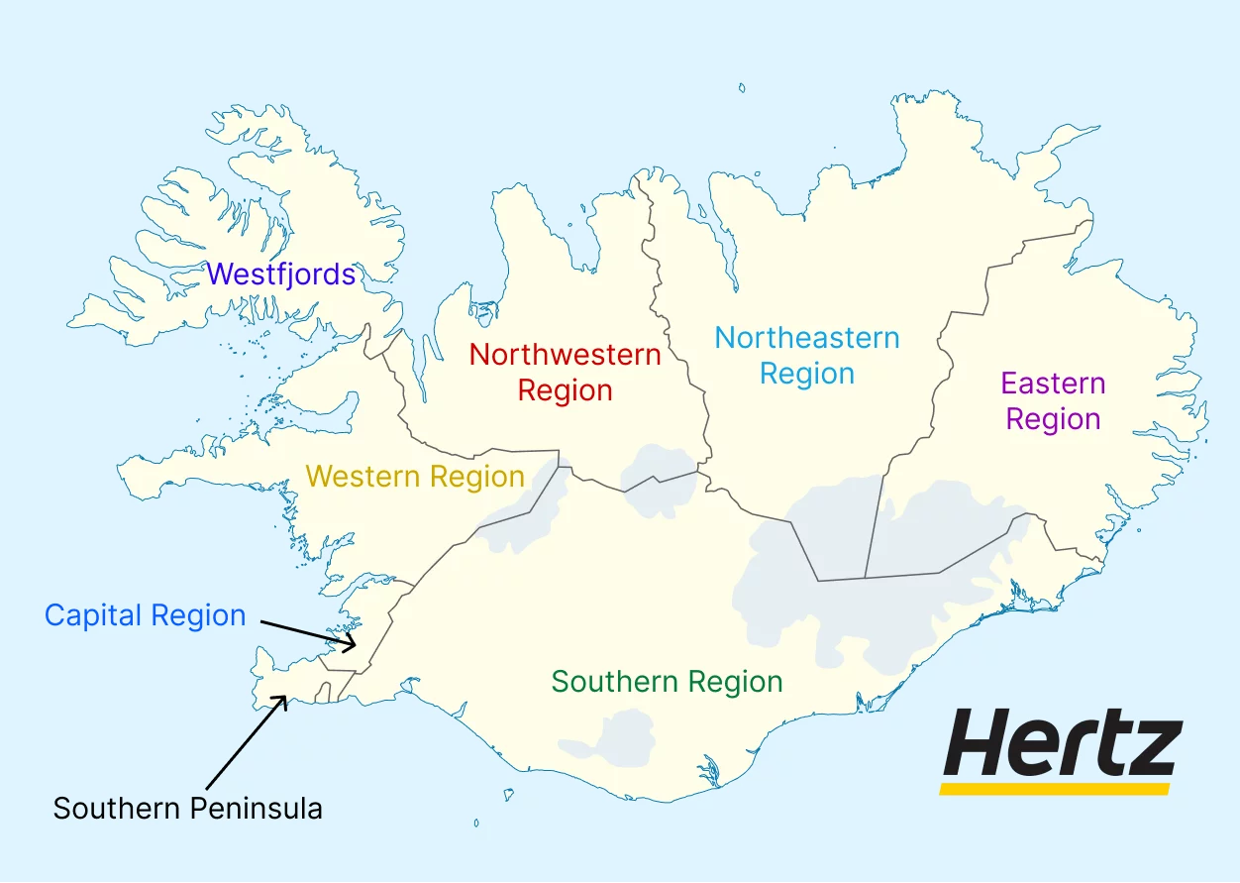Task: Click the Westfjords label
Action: tap(281, 275)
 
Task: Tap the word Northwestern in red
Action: tap(565, 355)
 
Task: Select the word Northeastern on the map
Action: tap(807, 338)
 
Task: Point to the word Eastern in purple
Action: tap(1053, 384)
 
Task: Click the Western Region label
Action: tap(415, 477)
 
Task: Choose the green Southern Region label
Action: tap(667, 682)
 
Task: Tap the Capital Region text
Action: tap(146, 615)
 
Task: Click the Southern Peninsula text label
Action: tap(188, 809)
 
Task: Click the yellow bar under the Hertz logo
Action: tap(1055, 789)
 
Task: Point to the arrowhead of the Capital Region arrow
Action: tap(351, 645)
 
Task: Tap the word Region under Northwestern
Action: tap(565, 390)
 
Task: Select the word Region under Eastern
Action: tap(1053, 419)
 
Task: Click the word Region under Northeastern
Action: tap(807, 375)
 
